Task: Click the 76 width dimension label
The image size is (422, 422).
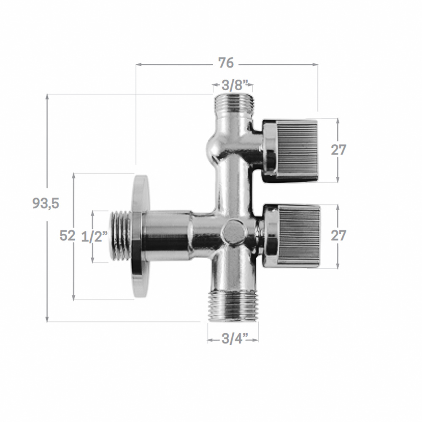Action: (226, 63)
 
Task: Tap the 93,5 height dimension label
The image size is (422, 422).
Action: (46, 203)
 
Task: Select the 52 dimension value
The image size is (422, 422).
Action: (67, 235)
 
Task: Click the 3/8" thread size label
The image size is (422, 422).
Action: (233, 86)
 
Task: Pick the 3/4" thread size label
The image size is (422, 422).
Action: (233, 339)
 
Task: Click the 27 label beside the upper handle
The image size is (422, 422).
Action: (338, 150)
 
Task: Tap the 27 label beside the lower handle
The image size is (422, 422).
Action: (338, 235)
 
